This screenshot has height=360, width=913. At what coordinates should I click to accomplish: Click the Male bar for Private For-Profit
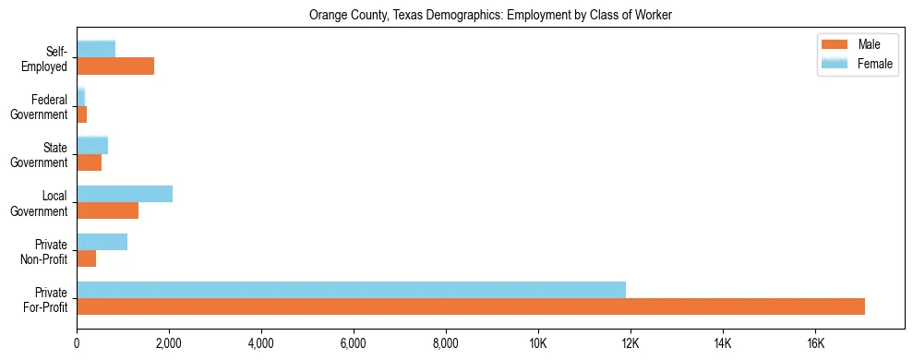point(471,306)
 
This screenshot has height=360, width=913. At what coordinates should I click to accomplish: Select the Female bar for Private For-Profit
point(351,290)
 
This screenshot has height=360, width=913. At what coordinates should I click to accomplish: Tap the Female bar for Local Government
point(125,194)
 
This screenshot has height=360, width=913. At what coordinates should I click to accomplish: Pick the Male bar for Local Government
point(107,210)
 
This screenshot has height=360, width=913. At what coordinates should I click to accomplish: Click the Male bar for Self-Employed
point(115,66)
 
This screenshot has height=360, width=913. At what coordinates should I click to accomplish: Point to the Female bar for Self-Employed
point(96,49)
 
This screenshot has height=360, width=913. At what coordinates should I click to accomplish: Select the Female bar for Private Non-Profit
point(102,242)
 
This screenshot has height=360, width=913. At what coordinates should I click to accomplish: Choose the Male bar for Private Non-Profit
point(86,258)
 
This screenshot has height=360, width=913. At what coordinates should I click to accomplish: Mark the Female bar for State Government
point(92,145)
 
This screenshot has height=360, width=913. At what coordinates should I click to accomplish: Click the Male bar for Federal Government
point(81,114)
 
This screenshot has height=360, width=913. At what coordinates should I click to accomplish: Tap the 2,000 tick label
point(169,343)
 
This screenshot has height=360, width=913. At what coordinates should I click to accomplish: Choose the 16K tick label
point(814,343)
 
